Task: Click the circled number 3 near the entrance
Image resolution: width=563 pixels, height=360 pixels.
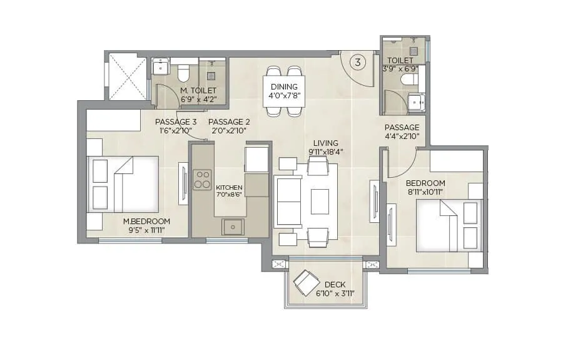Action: [x=358, y=62]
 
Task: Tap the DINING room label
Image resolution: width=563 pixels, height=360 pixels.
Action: [x=285, y=87]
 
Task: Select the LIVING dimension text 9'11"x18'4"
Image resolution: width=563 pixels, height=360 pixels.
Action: [x=327, y=152]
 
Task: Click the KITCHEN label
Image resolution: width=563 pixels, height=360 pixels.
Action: [x=228, y=188]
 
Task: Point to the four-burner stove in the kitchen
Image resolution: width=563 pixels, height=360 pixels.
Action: [x=202, y=179]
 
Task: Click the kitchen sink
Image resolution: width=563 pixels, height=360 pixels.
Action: [x=233, y=226]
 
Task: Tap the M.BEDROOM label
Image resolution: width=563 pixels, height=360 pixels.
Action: [x=146, y=222]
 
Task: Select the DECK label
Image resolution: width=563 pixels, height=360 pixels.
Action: [x=335, y=285]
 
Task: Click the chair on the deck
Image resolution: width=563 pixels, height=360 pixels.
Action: [x=306, y=282]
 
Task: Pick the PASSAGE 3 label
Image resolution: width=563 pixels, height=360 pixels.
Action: [x=176, y=122]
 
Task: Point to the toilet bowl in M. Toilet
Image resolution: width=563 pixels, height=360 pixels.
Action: [x=183, y=73]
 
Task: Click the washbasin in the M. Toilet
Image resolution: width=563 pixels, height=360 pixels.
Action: [x=160, y=66]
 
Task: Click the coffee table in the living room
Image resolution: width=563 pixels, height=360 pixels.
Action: [x=320, y=202]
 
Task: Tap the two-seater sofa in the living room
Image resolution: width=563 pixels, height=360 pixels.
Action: [x=288, y=202]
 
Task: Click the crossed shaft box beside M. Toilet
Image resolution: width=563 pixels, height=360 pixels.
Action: [x=127, y=76]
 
